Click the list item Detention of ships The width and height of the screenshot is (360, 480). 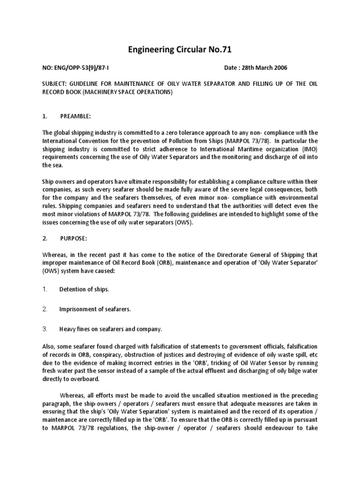(84, 289)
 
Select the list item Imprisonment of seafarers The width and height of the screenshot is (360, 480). (94, 309)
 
